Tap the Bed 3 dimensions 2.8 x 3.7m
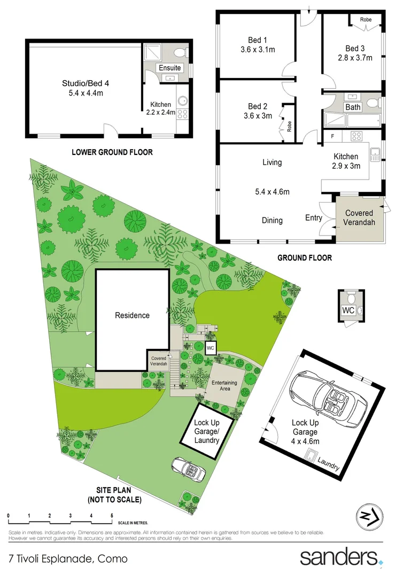point(355,58)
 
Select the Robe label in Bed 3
point(366,20)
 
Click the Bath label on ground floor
point(353,107)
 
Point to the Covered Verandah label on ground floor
point(359,217)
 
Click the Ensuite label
point(170,68)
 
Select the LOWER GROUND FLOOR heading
point(112,152)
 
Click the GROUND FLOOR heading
point(305,258)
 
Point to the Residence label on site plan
point(133,315)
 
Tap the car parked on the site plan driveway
point(190,469)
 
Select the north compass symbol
point(369,517)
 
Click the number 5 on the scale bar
point(112,516)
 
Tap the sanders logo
point(339,557)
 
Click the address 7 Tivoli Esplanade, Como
point(68,559)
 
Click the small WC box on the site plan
point(211,348)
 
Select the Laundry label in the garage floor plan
point(328,463)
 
